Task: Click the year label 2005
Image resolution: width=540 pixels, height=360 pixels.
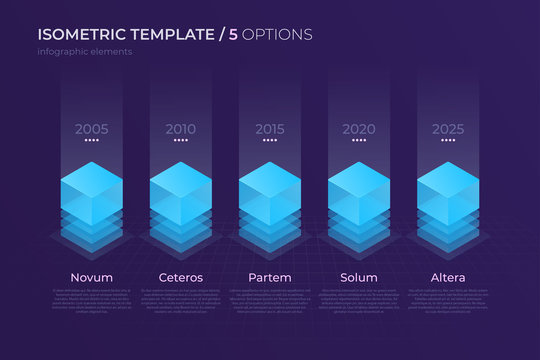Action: pos(91,129)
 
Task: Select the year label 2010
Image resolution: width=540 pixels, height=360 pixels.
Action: pos(180,129)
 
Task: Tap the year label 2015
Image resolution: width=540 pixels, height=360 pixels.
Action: pos(269,129)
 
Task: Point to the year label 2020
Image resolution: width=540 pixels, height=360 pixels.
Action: pos(358,129)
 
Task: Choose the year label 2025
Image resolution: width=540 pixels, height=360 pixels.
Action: pos(447,129)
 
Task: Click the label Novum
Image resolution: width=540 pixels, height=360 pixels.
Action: pos(91,276)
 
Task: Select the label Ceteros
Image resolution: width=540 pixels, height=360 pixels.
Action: pos(180,276)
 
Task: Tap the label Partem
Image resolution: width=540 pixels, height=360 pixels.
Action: pos(269,276)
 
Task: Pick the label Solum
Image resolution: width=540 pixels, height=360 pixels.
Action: pos(358,276)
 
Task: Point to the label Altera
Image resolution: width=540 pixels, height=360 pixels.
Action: pos(447,276)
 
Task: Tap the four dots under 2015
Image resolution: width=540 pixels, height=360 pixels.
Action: pos(269,141)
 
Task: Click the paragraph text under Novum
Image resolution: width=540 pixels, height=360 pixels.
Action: pos(91,299)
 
